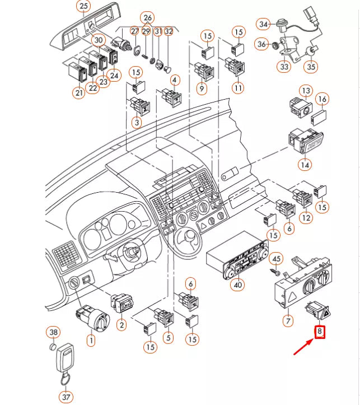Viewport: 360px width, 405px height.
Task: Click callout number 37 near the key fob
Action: pyautogui.click(x=67, y=397)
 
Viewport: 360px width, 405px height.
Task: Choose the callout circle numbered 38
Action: pyautogui.click(x=53, y=333)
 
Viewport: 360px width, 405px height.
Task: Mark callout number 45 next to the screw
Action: pyautogui.click(x=275, y=258)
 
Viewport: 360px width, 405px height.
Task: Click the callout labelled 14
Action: pyautogui.click(x=305, y=165)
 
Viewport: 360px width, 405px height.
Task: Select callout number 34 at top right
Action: pyautogui.click(x=264, y=24)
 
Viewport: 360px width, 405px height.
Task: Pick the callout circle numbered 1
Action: pyautogui.click(x=90, y=339)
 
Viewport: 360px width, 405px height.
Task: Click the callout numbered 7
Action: pyautogui.click(x=288, y=321)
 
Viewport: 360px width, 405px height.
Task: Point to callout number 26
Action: pyautogui.click(x=147, y=18)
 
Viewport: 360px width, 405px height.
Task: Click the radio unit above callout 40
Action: pyautogui.click(x=235, y=258)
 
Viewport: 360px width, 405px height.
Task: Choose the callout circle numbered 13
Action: pyautogui.click(x=305, y=91)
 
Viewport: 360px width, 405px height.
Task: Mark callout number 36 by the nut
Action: pyautogui.click(x=261, y=44)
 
